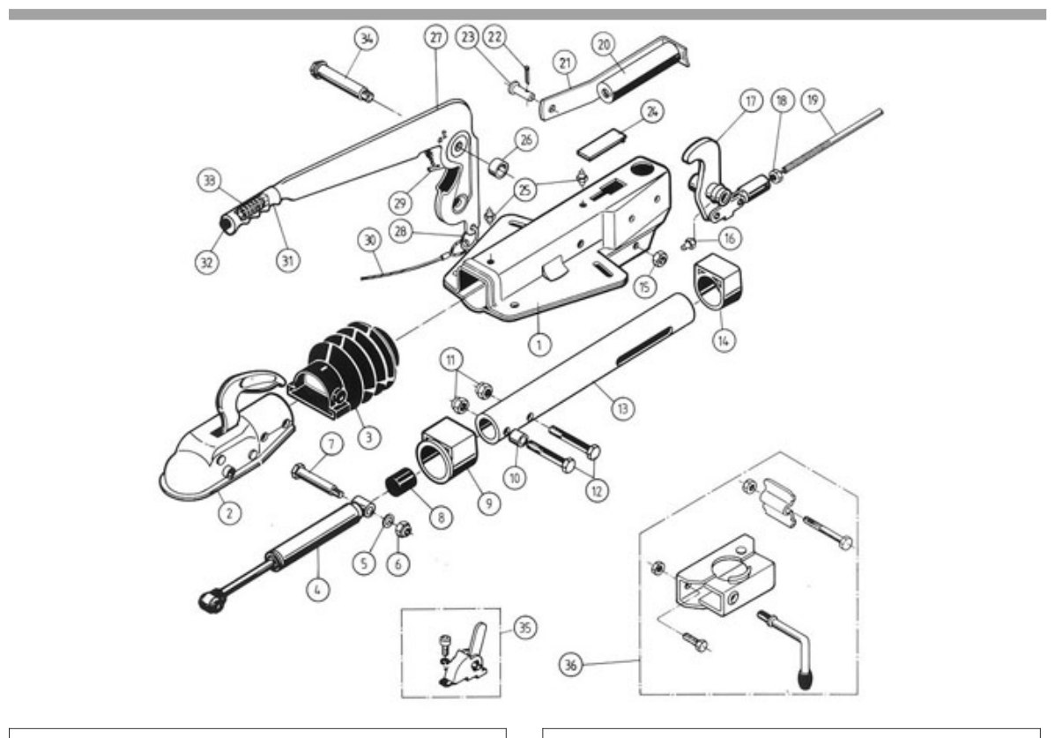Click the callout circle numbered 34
tap(366, 39)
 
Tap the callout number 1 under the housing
tap(539, 345)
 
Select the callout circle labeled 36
tap(570, 666)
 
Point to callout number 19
tap(813, 101)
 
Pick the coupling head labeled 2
tap(226, 437)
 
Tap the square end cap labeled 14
tap(718, 282)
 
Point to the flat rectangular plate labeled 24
tap(603, 144)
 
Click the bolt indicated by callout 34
tap(342, 81)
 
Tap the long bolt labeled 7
tap(318, 481)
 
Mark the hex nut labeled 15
tap(660, 257)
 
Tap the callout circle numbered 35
tap(524, 629)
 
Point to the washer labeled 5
tap(388, 522)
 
